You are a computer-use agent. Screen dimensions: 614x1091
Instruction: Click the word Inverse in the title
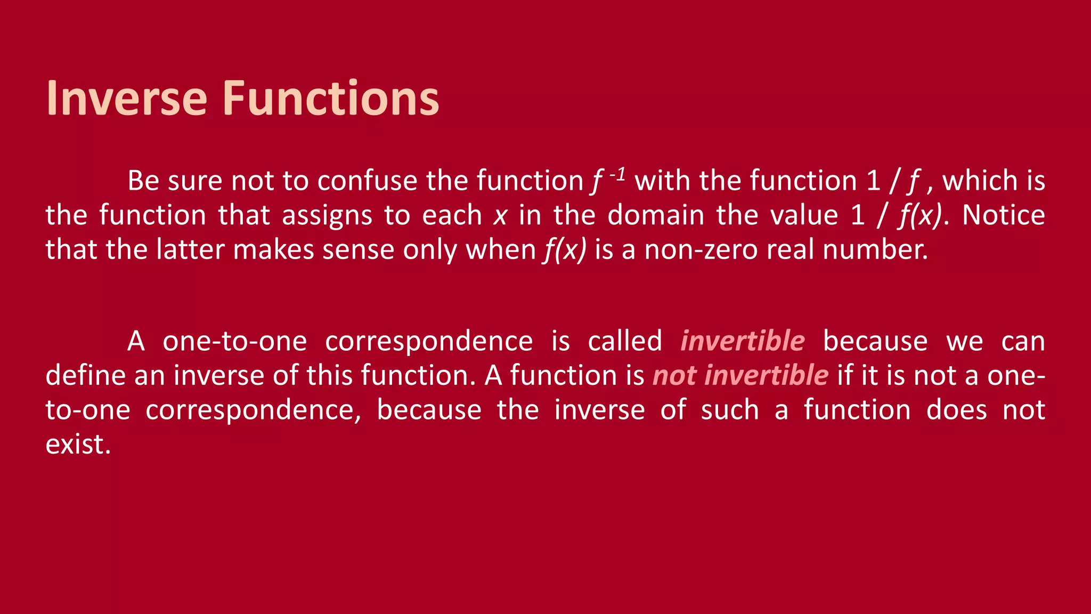coord(126,98)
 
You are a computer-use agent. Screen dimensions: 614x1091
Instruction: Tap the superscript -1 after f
coord(617,175)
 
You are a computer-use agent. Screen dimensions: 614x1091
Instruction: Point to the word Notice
coord(1003,215)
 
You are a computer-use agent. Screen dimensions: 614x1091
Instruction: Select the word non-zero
coord(701,250)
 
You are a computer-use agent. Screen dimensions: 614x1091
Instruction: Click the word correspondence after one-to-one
coord(429,342)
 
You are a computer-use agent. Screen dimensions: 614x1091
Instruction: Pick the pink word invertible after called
coord(743,342)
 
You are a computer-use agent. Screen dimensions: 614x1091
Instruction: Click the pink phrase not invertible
coord(740,376)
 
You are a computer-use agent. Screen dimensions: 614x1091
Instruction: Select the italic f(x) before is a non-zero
coord(565,250)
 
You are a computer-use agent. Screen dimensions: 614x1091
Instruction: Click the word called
coord(625,342)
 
